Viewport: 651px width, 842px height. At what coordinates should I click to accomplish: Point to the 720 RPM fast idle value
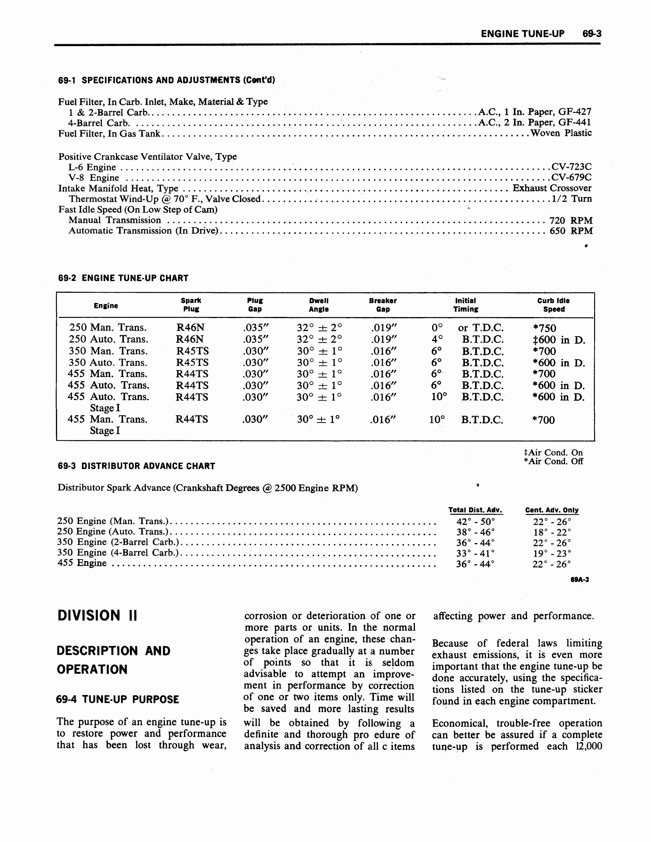(571, 221)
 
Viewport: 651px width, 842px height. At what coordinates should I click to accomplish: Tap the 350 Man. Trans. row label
(108, 351)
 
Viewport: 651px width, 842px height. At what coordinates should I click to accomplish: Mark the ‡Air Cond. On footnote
(553, 453)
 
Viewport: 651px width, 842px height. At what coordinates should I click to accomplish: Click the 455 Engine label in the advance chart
(82, 563)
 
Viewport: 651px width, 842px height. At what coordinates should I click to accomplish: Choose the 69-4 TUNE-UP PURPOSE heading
(118, 699)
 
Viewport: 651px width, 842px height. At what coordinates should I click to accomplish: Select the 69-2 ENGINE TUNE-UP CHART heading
(123, 278)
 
